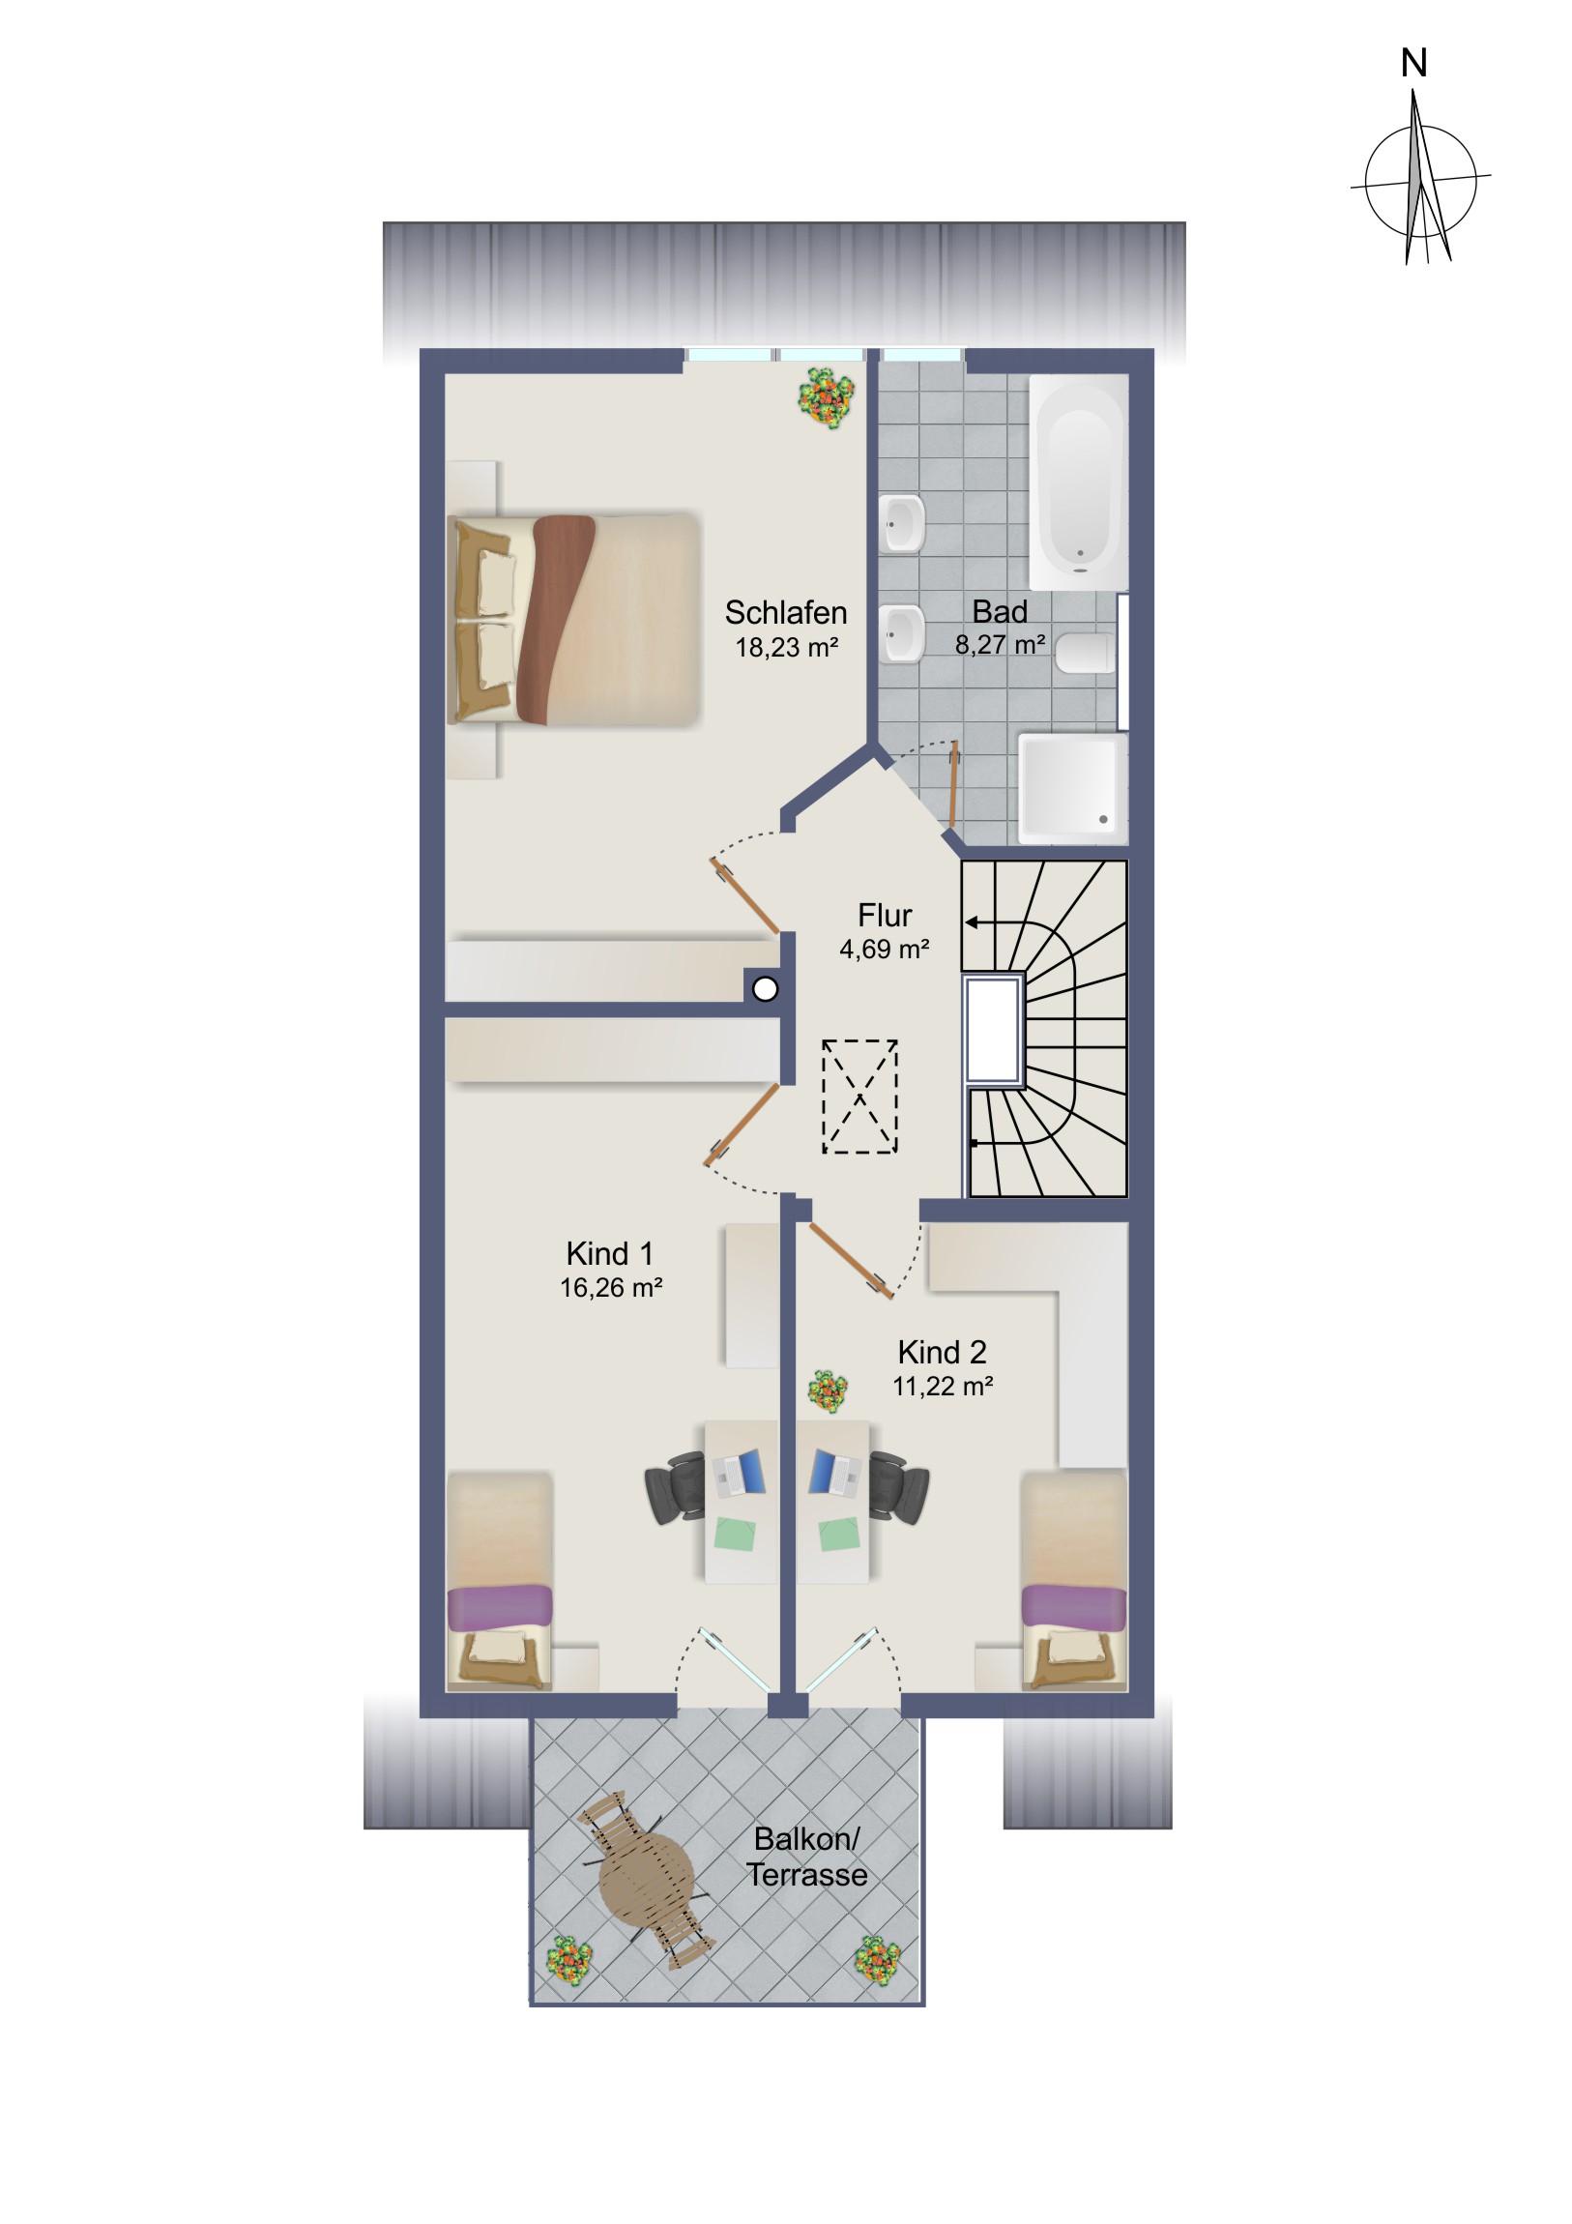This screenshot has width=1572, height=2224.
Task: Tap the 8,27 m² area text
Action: point(1000,644)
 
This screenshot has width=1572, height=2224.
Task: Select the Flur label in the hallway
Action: point(885,916)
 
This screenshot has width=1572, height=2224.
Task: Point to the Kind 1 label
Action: point(610,1253)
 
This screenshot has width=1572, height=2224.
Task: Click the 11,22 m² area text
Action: point(943,1386)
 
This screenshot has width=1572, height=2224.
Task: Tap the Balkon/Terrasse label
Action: point(807,1857)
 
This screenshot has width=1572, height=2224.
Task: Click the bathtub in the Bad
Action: point(1078,483)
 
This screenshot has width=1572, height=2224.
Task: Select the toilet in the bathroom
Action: point(1086,653)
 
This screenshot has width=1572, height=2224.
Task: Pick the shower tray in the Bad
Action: point(1073,788)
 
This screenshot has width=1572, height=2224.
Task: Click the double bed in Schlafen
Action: point(572,620)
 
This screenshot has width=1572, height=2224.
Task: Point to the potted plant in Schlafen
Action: point(827,396)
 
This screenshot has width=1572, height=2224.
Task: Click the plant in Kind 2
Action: point(829,1391)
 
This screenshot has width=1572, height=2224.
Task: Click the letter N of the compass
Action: point(1413,64)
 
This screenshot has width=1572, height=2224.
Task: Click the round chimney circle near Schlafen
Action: point(765,989)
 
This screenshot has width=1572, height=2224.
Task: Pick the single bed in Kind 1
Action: point(499,1582)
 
